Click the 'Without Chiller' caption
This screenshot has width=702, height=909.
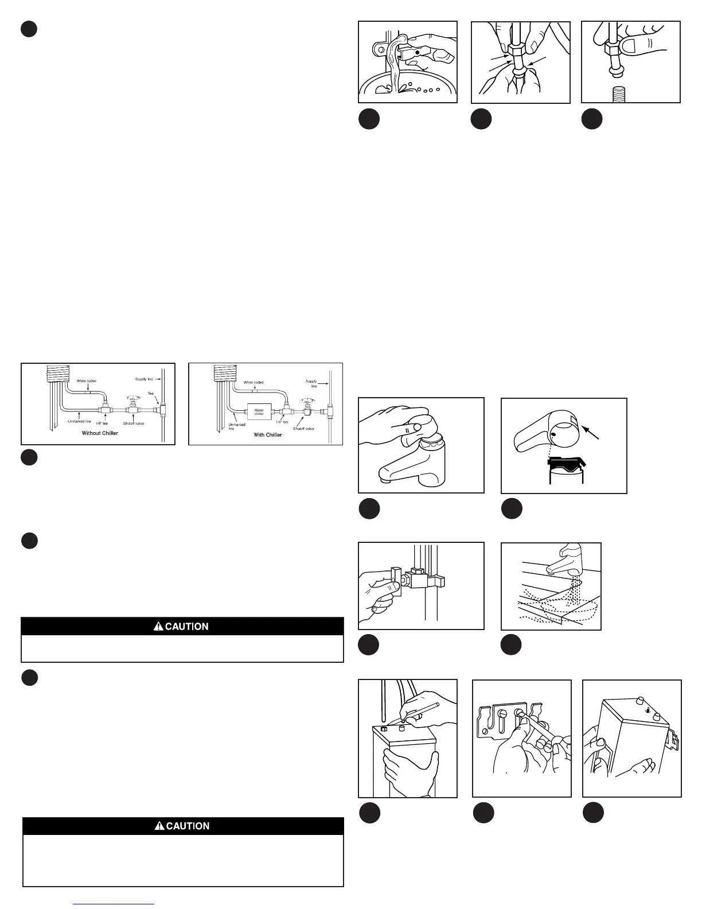pos(100,433)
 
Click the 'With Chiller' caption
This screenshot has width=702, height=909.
pos(268,435)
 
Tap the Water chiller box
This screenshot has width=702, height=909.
pos(259,411)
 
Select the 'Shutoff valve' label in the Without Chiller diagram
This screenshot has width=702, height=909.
pos(133,424)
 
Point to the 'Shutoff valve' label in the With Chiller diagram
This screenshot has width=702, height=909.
pos(303,429)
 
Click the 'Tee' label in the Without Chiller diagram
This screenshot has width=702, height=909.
pos(151,394)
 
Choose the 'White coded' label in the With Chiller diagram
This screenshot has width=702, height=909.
pos(253,382)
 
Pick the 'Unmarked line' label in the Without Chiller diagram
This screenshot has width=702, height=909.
pos(80,422)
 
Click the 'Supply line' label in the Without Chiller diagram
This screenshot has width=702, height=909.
pos(144,379)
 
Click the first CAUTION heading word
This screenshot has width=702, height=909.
pos(187,627)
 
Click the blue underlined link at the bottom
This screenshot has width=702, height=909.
pos(115,904)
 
